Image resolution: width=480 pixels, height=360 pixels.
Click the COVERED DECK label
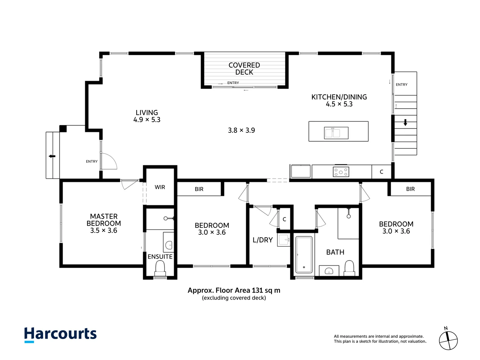(244, 68)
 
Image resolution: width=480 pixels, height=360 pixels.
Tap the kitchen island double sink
(336, 133)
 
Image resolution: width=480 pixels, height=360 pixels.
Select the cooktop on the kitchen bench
(341, 172)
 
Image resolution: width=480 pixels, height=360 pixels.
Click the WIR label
(160, 187)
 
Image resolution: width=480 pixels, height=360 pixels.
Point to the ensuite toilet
(160, 269)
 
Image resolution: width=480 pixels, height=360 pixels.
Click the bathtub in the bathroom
(304, 255)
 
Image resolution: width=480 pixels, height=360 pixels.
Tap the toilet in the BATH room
(349, 268)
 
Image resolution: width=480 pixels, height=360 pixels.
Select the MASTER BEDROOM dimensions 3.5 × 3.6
(104, 230)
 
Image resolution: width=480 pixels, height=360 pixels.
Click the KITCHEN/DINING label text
(339, 97)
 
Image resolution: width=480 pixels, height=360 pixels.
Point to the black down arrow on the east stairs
(405, 122)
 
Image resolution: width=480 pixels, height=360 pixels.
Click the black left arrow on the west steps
(52, 156)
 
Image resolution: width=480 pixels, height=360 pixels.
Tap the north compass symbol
(448, 340)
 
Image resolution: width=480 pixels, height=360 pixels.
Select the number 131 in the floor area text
(257, 290)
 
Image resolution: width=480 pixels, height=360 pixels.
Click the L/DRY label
(263, 240)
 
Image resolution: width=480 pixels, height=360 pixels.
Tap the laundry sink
(284, 240)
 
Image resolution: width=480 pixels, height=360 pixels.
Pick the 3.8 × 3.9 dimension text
(241, 130)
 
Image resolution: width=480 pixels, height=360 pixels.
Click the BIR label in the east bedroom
(410, 189)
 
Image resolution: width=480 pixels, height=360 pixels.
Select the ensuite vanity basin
(169, 242)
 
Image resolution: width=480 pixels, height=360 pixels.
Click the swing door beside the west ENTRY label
(109, 161)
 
